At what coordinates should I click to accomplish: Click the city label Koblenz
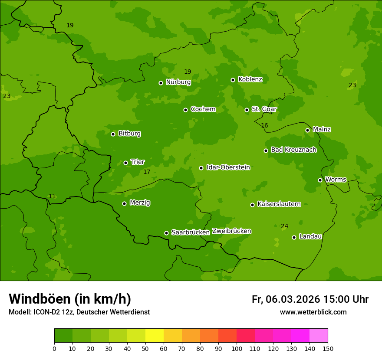[250, 79]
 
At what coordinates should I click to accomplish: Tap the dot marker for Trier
[125, 163]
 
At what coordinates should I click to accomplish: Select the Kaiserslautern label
[279, 204]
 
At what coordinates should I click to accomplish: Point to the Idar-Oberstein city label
[228, 167]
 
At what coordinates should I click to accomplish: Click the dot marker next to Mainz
[307, 130]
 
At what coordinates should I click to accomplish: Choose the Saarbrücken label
[190, 232]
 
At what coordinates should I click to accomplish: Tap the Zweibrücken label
[231, 231]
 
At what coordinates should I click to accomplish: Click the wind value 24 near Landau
[284, 226]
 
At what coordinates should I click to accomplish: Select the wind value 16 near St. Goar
[264, 125]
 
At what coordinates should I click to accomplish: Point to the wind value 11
[52, 196]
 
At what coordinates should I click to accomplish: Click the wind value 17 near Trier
[147, 172]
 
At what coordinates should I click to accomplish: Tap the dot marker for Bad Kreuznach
[266, 151]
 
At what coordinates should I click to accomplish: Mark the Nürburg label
[178, 82]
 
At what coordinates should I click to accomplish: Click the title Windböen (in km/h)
[70, 299]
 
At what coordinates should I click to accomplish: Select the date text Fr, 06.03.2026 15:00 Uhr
[310, 299]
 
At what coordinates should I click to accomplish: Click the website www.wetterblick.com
[313, 312]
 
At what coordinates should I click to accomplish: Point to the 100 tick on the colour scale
[237, 348]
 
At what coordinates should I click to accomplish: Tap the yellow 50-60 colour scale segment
[155, 336]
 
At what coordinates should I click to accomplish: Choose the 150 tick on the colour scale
[328, 348]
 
